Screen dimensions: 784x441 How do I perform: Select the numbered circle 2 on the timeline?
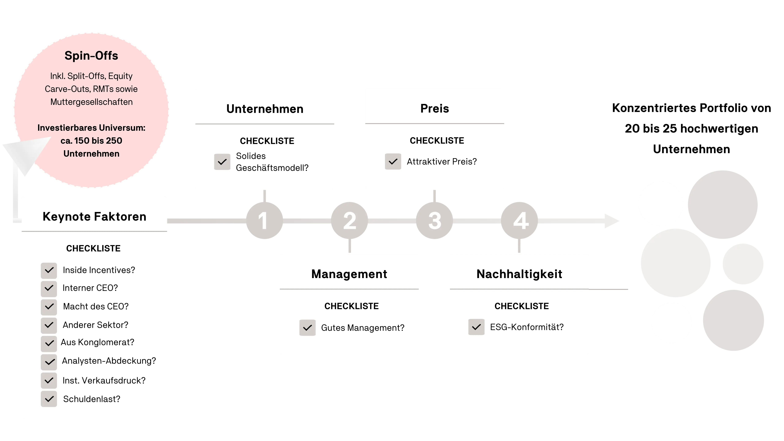pos(349,221)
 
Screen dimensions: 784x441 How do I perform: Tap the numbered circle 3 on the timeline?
pos(434,221)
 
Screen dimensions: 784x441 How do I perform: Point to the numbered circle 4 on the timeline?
pos(519,221)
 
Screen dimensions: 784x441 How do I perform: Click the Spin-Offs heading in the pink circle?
pos(91,56)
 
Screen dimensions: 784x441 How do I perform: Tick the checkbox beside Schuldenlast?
pos(49,399)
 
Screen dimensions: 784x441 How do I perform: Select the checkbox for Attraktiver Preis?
pos(393,161)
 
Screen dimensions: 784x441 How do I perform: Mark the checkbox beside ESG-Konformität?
pos(476,327)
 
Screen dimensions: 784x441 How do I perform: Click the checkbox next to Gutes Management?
pos(307,328)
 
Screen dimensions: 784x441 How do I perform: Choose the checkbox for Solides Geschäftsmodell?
pos(222,162)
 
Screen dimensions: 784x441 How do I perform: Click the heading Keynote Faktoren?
pos(94,217)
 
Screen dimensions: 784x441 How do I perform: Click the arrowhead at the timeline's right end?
pos(612,221)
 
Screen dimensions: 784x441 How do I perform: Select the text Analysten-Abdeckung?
pos(109,361)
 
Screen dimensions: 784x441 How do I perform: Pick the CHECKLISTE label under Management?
pos(352,306)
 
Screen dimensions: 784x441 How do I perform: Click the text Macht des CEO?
pos(96,306)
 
